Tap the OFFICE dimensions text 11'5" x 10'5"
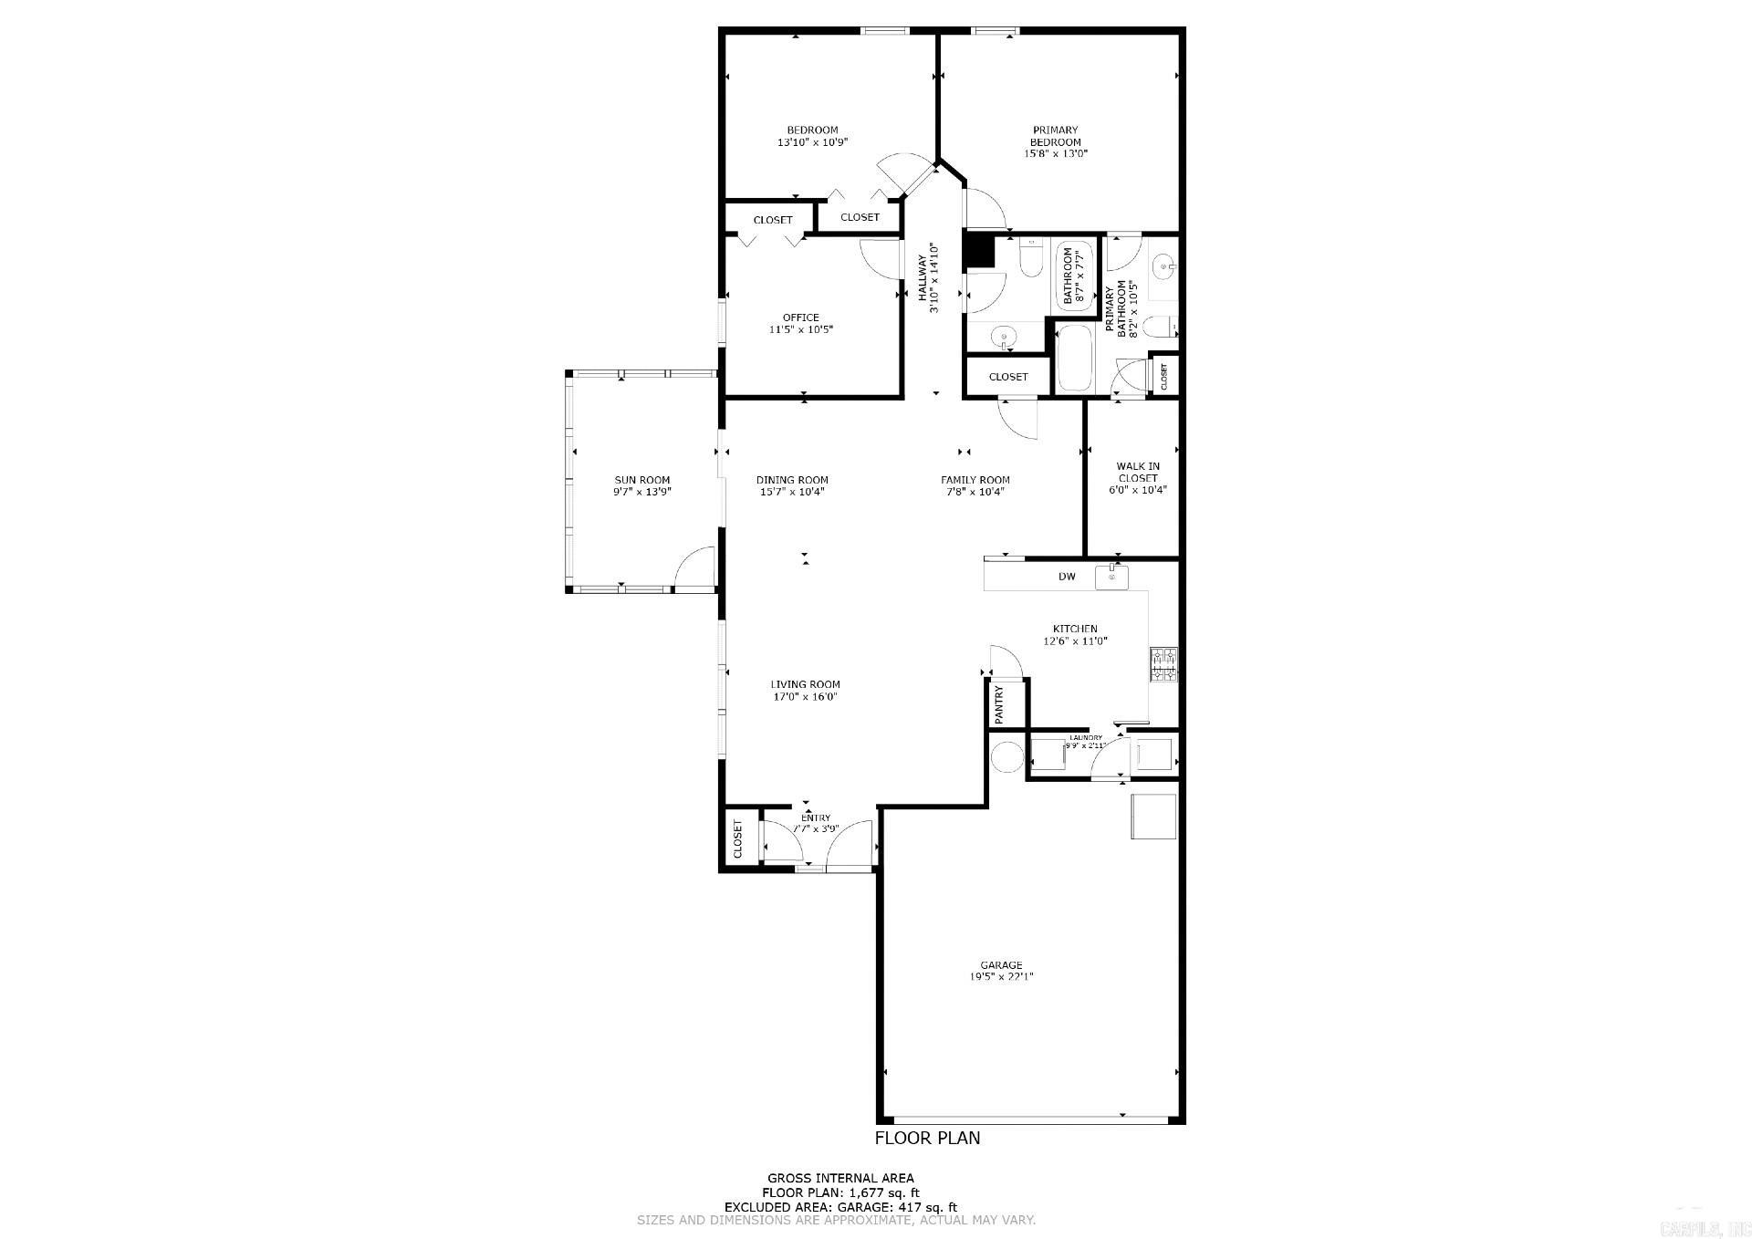tap(800, 330)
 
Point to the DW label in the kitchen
tap(1067, 577)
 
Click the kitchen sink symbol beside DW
tap(1111, 577)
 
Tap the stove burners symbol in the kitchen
tap(1163, 664)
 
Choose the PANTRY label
tap(998, 704)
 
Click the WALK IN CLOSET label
tap(1137, 472)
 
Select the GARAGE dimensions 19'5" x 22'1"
tap(1001, 977)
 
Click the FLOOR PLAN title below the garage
tap(927, 1138)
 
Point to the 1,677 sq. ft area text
tap(884, 1192)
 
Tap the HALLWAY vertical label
tap(923, 278)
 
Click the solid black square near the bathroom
tap(978, 251)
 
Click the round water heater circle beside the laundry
tap(1007, 757)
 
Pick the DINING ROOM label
tap(792, 480)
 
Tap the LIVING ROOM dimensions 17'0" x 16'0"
tap(804, 697)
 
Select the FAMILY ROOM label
tap(975, 480)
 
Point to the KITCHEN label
tap(1075, 629)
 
